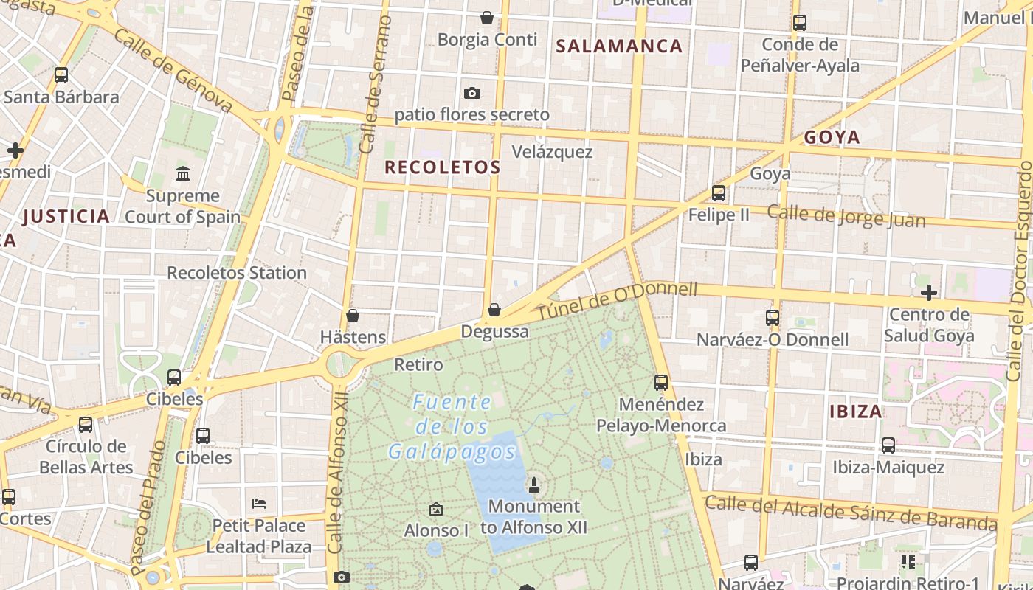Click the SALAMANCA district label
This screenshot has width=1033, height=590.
[x=619, y=46]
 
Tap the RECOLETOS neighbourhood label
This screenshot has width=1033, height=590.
[x=443, y=167]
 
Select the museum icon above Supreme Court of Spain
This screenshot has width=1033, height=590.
[x=182, y=174]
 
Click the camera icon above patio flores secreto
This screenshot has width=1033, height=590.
[x=471, y=93]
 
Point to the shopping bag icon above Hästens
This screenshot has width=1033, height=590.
[x=353, y=316]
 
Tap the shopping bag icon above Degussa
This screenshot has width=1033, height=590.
[x=494, y=310]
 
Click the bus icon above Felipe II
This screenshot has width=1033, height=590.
[x=718, y=193]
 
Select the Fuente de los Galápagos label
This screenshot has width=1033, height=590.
[x=452, y=428]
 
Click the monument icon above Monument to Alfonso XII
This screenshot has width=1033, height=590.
[x=533, y=485]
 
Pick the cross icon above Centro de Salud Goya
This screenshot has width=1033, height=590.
[x=928, y=293]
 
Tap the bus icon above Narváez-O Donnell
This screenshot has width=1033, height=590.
[x=772, y=318]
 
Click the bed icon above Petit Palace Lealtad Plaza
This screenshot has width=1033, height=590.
[x=258, y=504]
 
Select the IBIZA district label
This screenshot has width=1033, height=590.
[x=856, y=412]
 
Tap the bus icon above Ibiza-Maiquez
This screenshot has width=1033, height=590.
[x=888, y=445]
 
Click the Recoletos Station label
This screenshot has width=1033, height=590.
[x=236, y=273]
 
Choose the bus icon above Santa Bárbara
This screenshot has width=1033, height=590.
[x=61, y=74]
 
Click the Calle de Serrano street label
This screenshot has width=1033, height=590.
[x=375, y=85]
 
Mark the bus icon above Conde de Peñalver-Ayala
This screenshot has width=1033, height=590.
[x=799, y=22]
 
